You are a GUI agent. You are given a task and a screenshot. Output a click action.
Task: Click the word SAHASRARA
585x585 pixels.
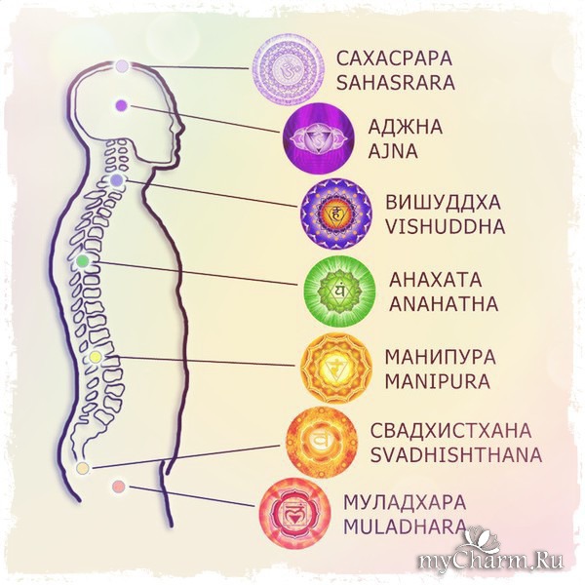coord(395,83)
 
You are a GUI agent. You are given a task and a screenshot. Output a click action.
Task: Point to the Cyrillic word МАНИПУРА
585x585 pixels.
coord(441,356)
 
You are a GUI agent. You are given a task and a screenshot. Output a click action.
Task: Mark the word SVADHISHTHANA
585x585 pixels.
coord(455,453)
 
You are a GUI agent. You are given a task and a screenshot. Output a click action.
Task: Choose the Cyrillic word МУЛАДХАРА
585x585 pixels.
coord(405,503)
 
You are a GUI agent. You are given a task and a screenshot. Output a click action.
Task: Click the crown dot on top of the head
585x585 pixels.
coord(122,66)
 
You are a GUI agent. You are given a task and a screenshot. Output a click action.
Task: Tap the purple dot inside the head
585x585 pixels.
coord(121,104)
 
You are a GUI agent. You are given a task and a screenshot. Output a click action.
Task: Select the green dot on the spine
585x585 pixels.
coord(83,261)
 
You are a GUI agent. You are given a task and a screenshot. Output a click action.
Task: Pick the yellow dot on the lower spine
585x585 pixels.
coord(95,358)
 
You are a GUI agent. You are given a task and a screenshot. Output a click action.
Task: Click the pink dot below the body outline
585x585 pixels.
coord(119,486)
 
